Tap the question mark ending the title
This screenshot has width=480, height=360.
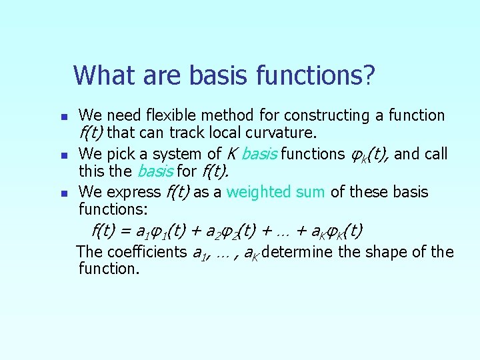pyautogui.click(x=368, y=75)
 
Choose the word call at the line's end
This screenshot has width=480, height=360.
pyautogui.click(x=433, y=154)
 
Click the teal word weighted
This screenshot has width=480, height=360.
pyautogui.click(x=257, y=193)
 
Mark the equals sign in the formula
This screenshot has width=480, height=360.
pyautogui.click(x=125, y=232)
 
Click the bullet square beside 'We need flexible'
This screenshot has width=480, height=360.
pyautogui.click(x=63, y=117)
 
